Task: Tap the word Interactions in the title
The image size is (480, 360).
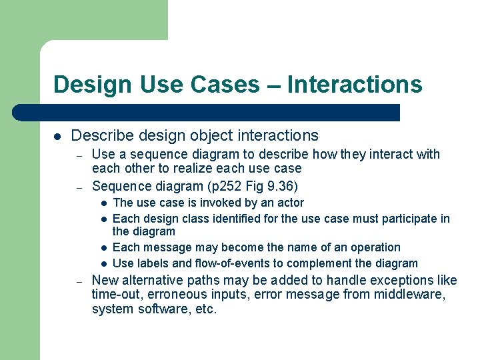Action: point(355,85)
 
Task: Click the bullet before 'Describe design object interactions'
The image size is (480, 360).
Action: point(57,136)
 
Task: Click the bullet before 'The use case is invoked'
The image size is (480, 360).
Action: point(104,203)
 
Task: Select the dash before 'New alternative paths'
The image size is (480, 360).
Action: point(78,280)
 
